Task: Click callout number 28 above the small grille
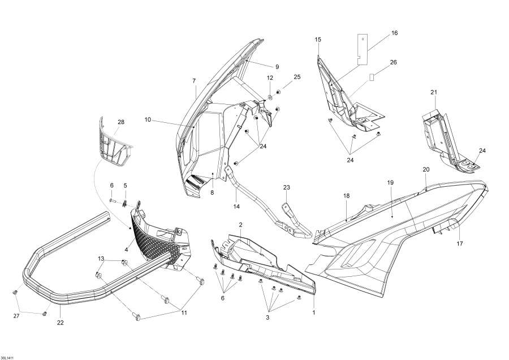(x=120, y=122)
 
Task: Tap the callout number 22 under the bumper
(x=60, y=323)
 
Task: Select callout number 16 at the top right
(x=394, y=33)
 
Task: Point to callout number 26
(x=394, y=62)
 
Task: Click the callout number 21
(x=434, y=92)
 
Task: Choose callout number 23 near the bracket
(x=286, y=187)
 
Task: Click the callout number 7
(x=194, y=80)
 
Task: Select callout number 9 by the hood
(x=277, y=66)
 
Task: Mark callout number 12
(x=270, y=78)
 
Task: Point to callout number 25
(x=297, y=76)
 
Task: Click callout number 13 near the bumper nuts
(x=101, y=259)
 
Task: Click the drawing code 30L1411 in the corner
(x=8, y=355)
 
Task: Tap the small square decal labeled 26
(x=372, y=76)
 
